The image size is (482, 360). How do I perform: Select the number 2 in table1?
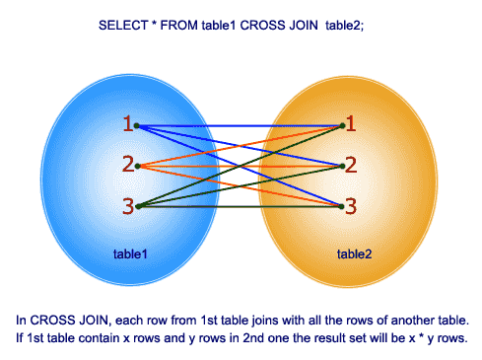coord(127,164)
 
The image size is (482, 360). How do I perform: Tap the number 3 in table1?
coord(127,205)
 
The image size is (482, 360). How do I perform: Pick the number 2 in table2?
coord(351,164)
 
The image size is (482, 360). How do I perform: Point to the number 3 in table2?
coord(351,205)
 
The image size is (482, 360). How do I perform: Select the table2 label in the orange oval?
coord(355,253)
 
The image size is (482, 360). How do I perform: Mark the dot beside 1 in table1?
coord(137,125)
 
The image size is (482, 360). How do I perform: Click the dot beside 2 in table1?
coord(137,166)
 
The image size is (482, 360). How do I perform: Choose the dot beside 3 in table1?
coord(137,207)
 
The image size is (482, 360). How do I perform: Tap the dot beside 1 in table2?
coord(341,125)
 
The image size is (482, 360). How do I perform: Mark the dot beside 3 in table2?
coord(341,207)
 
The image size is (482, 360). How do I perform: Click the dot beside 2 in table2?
coord(341,166)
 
